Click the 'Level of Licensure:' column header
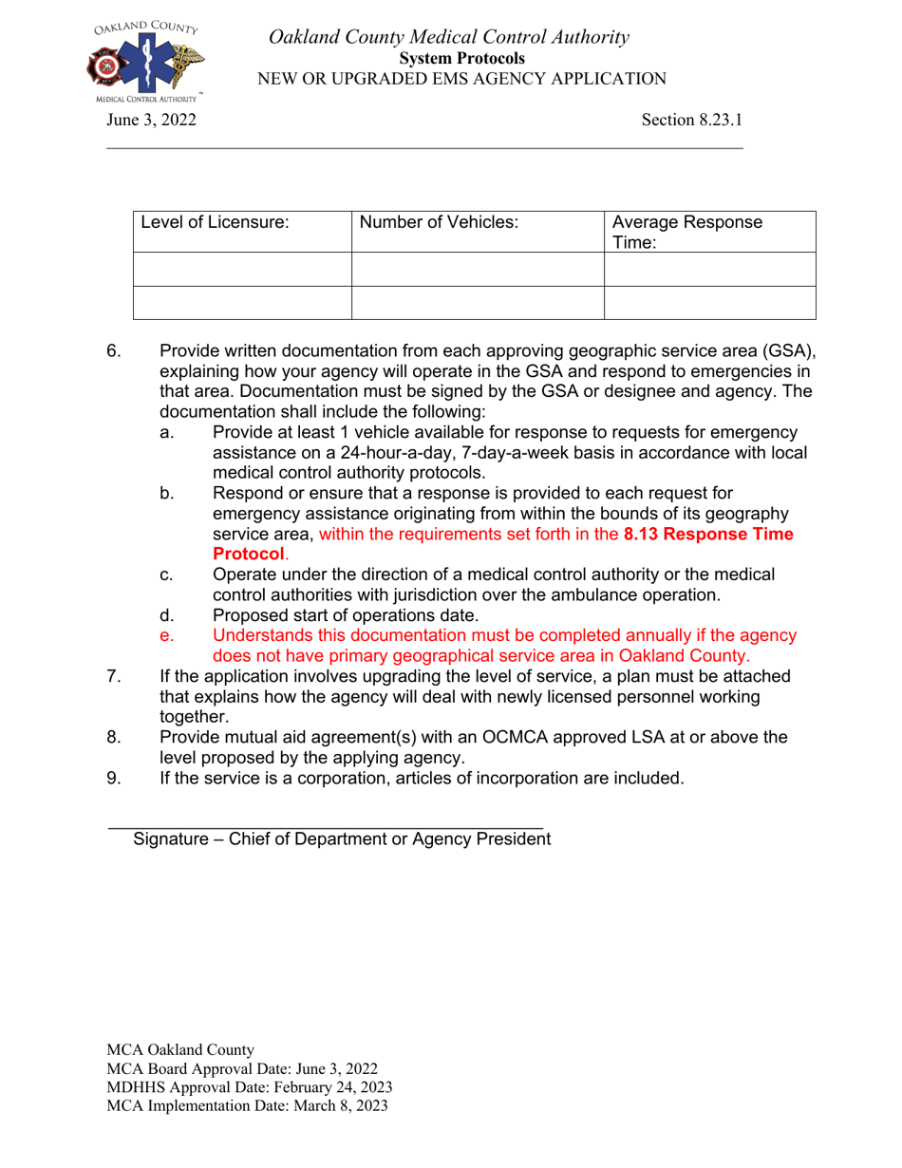(x=215, y=222)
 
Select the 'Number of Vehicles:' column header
(x=439, y=222)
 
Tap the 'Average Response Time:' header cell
(x=686, y=232)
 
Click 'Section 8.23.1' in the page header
(x=691, y=120)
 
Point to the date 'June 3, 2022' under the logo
(x=151, y=120)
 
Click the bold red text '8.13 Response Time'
(x=708, y=534)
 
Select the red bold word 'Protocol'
(x=248, y=554)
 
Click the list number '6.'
(x=113, y=350)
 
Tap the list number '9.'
(x=113, y=778)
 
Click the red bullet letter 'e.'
(x=167, y=635)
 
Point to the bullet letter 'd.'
(x=167, y=614)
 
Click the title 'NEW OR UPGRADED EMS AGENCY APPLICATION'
(x=461, y=79)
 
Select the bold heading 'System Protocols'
(x=461, y=59)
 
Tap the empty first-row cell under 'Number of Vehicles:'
(x=478, y=269)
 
